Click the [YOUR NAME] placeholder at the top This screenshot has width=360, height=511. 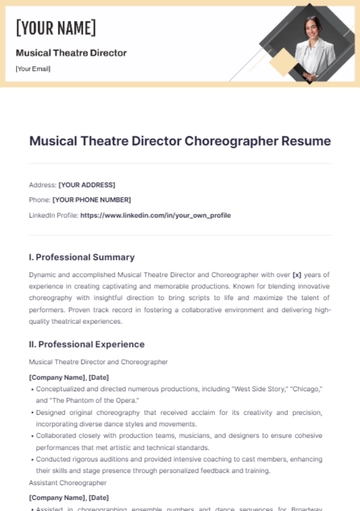[56, 27]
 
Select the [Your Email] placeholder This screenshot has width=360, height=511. [33, 69]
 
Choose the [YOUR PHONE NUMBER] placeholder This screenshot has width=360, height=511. [91, 200]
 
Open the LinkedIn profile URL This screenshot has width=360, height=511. [155, 215]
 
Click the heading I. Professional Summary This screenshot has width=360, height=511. [82, 257]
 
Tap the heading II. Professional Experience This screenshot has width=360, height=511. [87, 345]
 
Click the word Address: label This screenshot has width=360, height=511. [42, 185]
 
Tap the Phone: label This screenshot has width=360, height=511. [39, 200]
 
